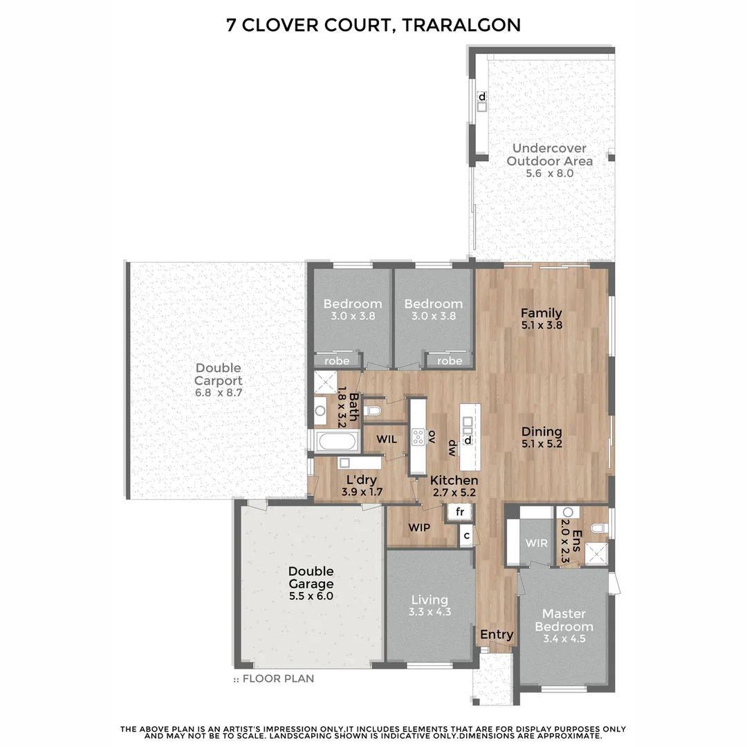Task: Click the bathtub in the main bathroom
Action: pos(336,440)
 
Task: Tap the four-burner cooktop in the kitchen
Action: pos(418,436)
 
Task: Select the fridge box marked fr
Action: pos(459,513)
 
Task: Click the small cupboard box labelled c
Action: pos(466,535)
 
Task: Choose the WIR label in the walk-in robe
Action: pos(537,543)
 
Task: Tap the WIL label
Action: pos(387,439)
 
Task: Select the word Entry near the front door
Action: pos(497,634)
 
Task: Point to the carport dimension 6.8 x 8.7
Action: pos(218,393)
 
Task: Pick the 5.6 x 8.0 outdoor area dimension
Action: pos(549,174)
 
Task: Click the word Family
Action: pos(541,313)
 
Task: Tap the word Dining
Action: pos(542,431)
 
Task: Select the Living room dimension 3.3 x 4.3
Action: pos(430,611)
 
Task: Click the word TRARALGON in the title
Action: pos(459,26)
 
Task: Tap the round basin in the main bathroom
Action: pos(320,411)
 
